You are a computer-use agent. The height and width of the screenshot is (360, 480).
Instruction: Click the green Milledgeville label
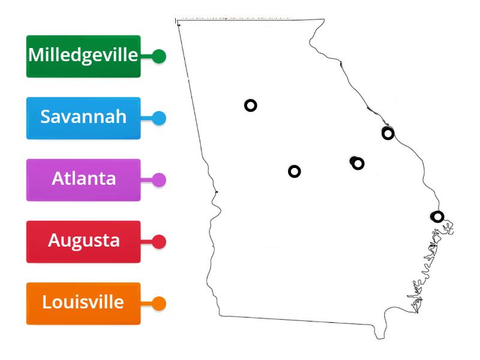tap(83, 56)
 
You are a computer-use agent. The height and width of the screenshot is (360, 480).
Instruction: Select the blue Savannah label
tap(83, 118)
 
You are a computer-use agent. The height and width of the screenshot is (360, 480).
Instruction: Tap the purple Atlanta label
tap(83, 179)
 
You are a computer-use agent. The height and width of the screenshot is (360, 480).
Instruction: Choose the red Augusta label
tap(83, 241)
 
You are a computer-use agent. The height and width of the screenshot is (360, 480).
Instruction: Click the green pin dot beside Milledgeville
tap(159, 56)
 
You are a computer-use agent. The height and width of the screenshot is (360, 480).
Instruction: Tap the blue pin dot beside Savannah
tap(159, 118)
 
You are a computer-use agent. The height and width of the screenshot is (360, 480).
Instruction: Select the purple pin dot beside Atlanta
tap(159, 180)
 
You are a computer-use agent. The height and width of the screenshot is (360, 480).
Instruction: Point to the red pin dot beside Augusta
tap(159, 242)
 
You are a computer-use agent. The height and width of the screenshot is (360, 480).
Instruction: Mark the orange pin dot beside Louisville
tap(159, 304)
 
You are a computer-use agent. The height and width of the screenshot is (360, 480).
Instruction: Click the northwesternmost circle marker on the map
tap(251, 106)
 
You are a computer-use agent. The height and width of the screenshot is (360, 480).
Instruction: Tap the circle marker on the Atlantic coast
tap(438, 217)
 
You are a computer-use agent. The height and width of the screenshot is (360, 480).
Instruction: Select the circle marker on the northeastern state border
tap(388, 133)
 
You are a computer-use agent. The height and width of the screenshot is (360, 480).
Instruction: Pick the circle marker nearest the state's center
tap(295, 172)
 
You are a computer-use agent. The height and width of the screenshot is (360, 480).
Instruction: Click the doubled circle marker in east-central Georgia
tap(358, 163)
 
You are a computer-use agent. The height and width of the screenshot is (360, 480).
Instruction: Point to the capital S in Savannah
tap(46, 116)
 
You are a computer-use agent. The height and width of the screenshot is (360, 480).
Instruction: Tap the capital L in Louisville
tap(47, 302)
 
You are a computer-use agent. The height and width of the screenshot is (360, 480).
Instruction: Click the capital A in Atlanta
tap(58, 179)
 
